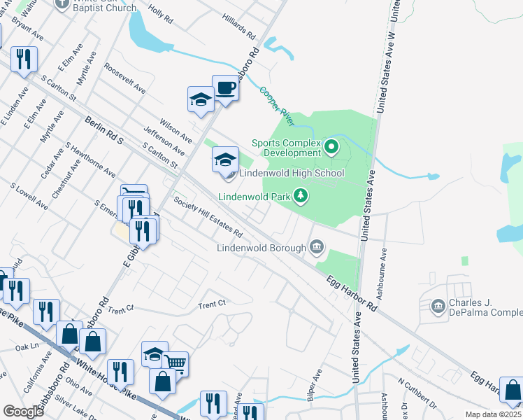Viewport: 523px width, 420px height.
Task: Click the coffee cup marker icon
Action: tap(225, 87)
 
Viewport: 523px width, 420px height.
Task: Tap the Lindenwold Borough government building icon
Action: tap(317, 246)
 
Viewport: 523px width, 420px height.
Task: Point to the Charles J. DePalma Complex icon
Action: tap(438, 306)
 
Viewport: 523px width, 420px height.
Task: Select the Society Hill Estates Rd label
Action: tap(208, 216)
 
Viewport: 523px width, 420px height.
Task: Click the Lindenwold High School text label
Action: tap(292, 173)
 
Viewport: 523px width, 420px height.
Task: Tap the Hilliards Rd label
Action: tap(240, 27)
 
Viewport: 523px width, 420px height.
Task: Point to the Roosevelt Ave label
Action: tap(124, 80)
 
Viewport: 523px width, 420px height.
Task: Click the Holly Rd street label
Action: tap(160, 17)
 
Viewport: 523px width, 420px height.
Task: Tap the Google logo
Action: tap(23, 412)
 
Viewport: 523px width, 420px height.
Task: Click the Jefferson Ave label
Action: tap(164, 141)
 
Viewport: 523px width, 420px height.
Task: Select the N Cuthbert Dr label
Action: tap(417, 393)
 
